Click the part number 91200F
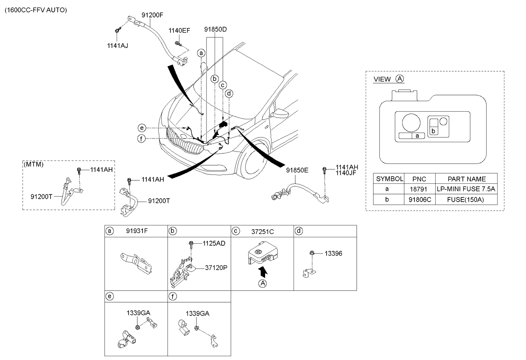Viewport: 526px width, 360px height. tap(152, 15)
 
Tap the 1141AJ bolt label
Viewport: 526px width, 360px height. tap(118, 46)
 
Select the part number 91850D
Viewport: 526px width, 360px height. tap(215, 29)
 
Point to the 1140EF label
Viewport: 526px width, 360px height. tap(179, 31)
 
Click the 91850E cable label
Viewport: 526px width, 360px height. tap(297, 170)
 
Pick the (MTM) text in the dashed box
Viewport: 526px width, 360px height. tap(34, 164)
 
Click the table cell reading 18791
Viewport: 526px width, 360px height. tap(419, 189)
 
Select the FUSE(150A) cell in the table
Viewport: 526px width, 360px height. tap(465, 200)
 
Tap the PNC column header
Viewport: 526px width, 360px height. tap(419, 179)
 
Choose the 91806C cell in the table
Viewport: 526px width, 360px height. tap(420, 200)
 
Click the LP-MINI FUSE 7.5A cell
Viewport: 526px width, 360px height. tap(466, 189)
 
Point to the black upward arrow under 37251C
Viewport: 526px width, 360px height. tap(263, 272)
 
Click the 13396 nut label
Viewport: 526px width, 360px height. tap(333, 253)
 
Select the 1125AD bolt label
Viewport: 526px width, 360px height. tap(214, 243)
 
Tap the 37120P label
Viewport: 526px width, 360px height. tap(216, 267)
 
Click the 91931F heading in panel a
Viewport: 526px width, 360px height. tap(137, 231)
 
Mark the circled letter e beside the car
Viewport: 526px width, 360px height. tap(142, 128)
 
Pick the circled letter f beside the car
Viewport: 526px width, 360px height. tap(141, 139)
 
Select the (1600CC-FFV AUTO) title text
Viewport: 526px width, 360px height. tap(36, 10)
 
